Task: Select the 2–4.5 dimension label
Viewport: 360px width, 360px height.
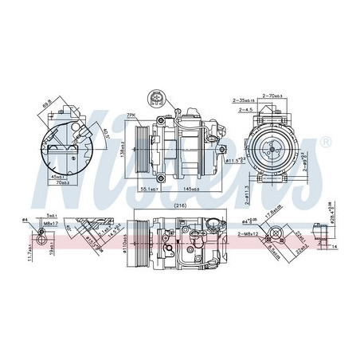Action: (x=242, y=109)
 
